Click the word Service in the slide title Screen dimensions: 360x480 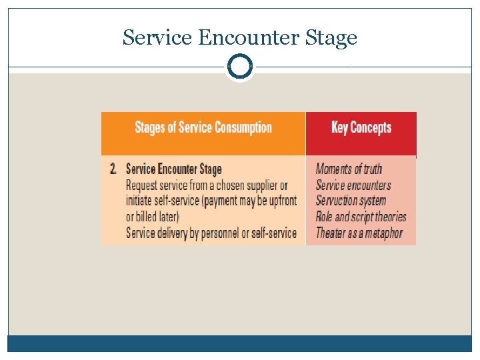157,39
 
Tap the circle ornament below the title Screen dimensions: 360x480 239,67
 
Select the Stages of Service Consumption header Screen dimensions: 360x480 203,127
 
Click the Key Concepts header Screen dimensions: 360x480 361,127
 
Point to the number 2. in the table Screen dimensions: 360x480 114,169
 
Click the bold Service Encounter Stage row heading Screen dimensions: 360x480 173,169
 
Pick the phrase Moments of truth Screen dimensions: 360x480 349,169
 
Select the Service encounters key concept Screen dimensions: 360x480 353,185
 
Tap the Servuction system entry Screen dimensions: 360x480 351,201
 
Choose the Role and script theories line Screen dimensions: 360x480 361,217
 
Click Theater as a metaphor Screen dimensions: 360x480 359,233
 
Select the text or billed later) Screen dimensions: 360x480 153,217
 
